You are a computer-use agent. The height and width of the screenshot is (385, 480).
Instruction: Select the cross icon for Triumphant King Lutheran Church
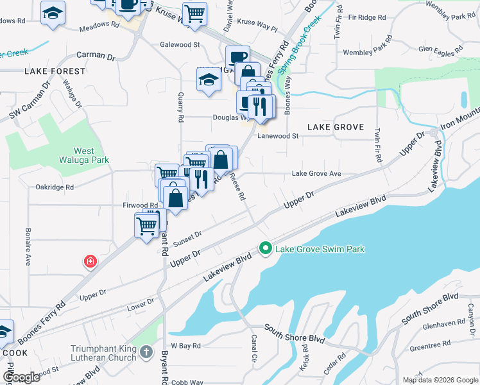click(147, 352)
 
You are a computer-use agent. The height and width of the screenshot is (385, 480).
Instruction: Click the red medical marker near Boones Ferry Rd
click(90, 261)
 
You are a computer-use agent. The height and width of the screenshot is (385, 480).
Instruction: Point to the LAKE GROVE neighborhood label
click(335, 127)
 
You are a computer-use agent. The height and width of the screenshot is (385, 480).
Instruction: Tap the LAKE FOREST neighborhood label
click(55, 71)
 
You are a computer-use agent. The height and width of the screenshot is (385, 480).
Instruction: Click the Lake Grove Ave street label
click(316, 174)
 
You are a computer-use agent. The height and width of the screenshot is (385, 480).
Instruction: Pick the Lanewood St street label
click(278, 136)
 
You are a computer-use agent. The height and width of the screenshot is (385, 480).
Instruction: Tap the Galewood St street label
click(180, 45)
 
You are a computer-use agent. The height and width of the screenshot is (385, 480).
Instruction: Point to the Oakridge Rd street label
click(55, 187)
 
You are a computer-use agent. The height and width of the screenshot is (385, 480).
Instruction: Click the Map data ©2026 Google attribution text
click(440, 380)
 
